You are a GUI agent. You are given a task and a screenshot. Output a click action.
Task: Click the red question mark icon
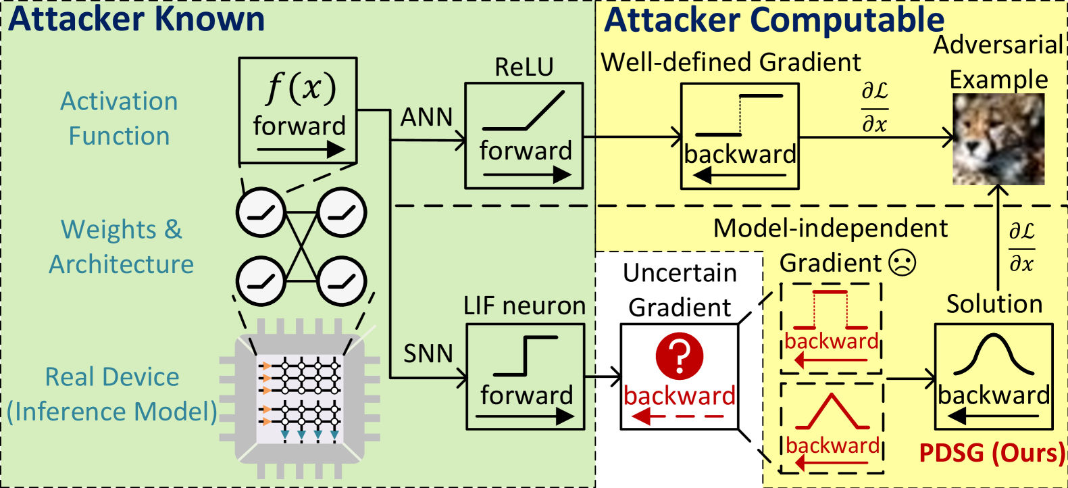coord(680,356)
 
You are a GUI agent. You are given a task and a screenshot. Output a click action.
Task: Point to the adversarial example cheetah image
coord(998,139)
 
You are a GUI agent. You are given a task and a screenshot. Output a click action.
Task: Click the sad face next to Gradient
coord(902,262)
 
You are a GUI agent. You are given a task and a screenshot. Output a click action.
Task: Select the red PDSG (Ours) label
coord(992,453)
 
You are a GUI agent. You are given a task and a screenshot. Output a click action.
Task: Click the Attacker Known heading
coord(136,19)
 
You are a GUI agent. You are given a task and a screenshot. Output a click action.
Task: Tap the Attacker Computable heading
coord(774,20)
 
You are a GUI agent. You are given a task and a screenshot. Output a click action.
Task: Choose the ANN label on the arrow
coord(426,117)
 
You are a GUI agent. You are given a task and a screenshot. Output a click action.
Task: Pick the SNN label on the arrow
coord(428,353)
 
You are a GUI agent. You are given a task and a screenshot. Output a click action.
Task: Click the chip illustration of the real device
coord(299,399)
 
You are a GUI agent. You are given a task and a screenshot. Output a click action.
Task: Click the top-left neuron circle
coord(261,212)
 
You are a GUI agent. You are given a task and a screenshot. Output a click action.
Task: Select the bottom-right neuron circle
coord(341,281)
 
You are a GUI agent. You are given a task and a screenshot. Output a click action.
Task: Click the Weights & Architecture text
coord(121,247)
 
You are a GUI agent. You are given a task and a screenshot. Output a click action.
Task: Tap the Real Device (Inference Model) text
coord(112,394)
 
